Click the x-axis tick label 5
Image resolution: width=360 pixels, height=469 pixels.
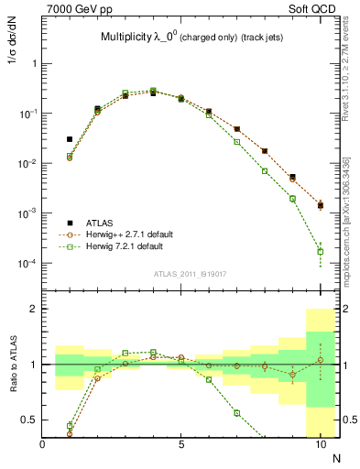[181, 443]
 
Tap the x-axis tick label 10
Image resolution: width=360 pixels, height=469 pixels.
[320, 443]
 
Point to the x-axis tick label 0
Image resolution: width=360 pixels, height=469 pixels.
[43, 443]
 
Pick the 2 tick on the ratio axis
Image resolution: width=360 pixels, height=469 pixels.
[35, 310]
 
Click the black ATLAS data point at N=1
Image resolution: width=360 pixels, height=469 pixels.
[70, 139]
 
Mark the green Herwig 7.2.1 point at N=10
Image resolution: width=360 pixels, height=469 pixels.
[320, 251]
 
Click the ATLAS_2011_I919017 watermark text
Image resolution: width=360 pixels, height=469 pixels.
[182, 273]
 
